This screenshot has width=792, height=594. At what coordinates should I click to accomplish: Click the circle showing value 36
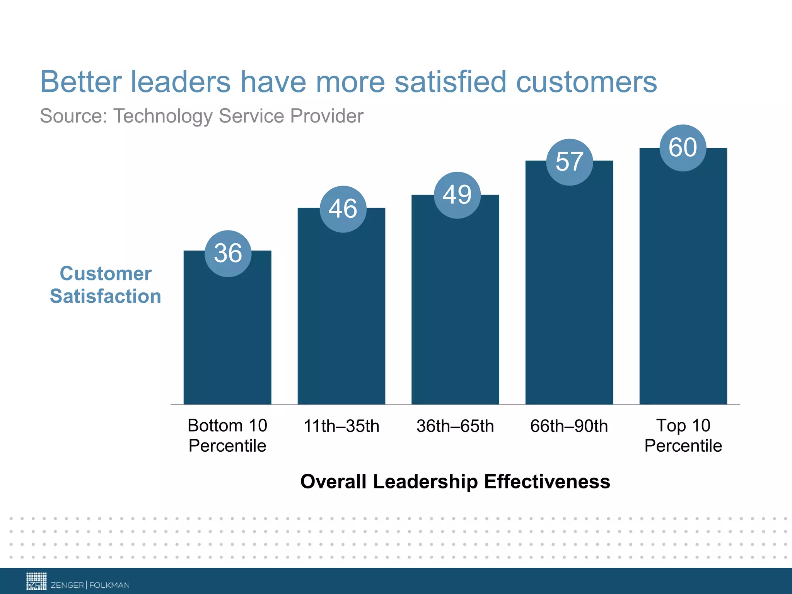tap(228, 254)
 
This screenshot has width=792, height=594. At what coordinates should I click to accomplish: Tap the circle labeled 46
tap(343, 209)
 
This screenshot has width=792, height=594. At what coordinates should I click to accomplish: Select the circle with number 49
tap(457, 195)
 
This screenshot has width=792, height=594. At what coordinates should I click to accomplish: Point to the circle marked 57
tap(569, 162)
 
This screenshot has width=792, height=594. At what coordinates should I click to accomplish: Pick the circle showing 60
tap(683, 148)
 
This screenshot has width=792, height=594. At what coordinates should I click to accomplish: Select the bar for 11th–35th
tap(341, 317)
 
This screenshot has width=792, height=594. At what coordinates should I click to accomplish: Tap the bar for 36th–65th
tap(455, 309)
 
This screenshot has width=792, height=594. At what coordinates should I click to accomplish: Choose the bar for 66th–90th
tap(569, 294)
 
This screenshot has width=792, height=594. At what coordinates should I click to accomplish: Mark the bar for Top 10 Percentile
tap(683, 286)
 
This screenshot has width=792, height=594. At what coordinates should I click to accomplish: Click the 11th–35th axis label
tap(341, 426)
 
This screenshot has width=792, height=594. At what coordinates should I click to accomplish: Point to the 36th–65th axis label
tap(455, 426)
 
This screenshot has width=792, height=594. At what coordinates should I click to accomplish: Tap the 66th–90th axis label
tap(569, 426)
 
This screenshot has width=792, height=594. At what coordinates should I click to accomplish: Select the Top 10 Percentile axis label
tap(683, 436)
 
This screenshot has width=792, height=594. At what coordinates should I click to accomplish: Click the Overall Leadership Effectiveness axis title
tap(455, 482)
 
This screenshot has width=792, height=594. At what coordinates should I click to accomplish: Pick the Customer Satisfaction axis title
tap(105, 285)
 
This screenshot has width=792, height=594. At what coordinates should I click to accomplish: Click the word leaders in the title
tap(181, 82)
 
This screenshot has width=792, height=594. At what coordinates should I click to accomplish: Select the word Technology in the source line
tap(163, 116)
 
